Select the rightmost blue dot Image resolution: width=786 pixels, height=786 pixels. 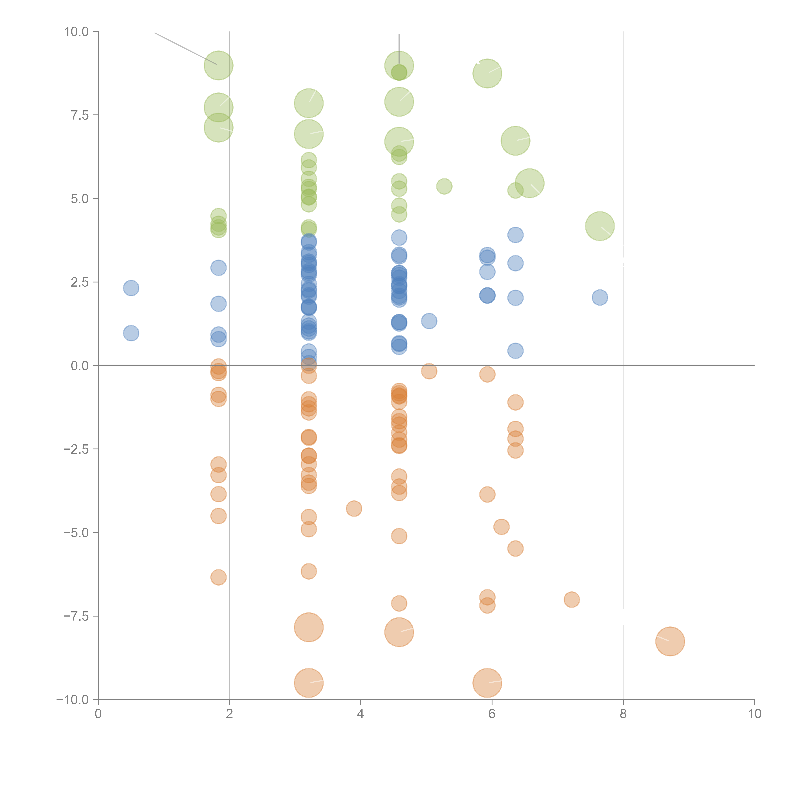click(600, 297)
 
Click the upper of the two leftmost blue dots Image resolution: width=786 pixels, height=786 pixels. click(131, 288)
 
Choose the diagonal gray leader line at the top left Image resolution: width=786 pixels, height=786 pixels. click(185, 48)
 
